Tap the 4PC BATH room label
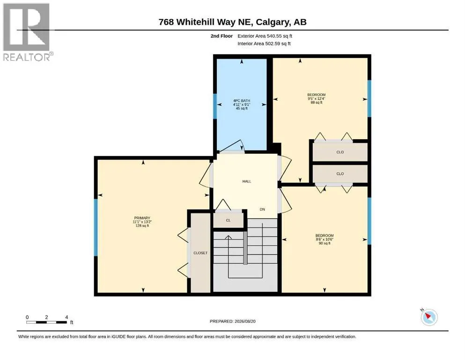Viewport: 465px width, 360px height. pyautogui.click(x=242, y=105)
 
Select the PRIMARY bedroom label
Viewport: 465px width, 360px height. pyautogui.click(x=142, y=222)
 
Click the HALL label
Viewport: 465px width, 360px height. pyautogui.click(x=247, y=181)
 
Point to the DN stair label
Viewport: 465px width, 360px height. pyautogui.click(x=262, y=209)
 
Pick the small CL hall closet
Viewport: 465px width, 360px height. pyautogui.click(x=229, y=220)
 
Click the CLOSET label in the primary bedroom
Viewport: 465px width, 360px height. pyautogui.click(x=200, y=253)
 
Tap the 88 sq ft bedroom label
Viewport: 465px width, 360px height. pyautogui.click(x=317, y=98)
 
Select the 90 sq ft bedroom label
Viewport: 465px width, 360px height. pyautogui.click(x=325, y=239)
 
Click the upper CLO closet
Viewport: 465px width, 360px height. pyautogui.click(x=340, y=152)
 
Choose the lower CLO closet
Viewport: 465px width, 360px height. pyautogui.click(x=340, y=173)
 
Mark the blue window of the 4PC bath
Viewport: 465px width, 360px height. pyautogui.click(x=215, y=106)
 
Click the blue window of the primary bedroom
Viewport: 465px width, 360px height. pyautogui.click(x=96, y=227)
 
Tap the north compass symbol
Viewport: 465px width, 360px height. pyautogui.click(x=429, y=317)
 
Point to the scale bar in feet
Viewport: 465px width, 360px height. pyautogui.click(x=47, y=322)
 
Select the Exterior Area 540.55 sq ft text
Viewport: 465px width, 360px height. pyautogui.click(x=265, y=36)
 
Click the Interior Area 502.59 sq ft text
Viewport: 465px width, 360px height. pyautogui.click(x=264, y=43)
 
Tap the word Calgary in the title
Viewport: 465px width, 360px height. pyautogui.click(x=273, y=22)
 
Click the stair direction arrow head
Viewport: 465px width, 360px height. pyautogui.click(x=229, y=237)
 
